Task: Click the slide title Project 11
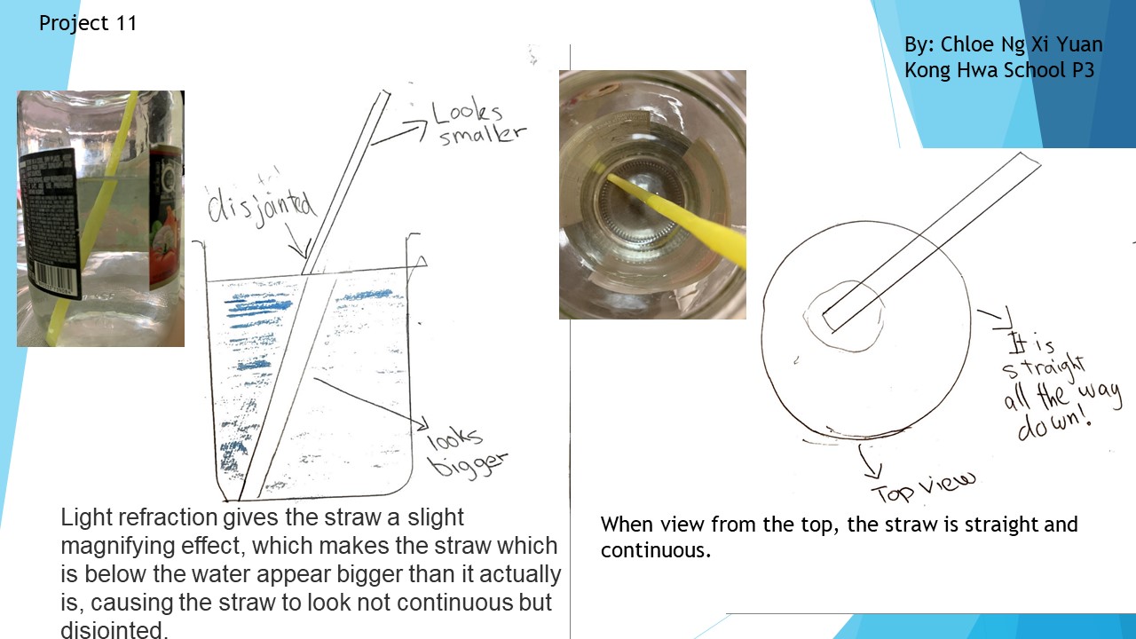(x=88, y=23)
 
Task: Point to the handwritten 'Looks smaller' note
(x=479, y=123)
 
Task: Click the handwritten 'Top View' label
(x=923, y=488)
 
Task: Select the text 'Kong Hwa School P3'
(x=999, y=70)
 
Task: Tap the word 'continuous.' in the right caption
(x=656, y=550)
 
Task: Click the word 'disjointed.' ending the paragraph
(x=114, y=630)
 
